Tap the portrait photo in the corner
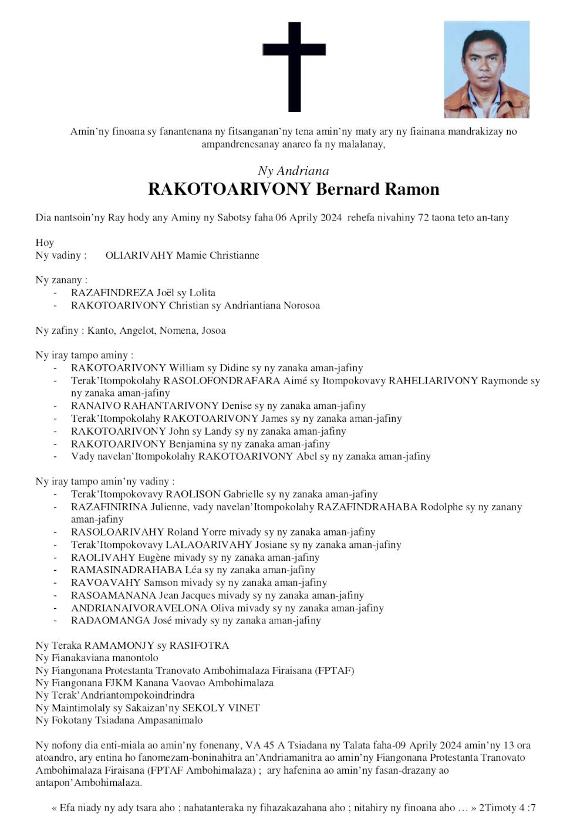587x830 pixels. (486, 69)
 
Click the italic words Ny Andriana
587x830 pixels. (293, 171)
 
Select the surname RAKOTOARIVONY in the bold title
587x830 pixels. (230, 189)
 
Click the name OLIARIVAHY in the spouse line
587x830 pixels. (139, 255)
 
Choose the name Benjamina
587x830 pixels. (193, 444)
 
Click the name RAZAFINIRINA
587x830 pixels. (109, 507)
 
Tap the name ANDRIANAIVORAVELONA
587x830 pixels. (139, 608)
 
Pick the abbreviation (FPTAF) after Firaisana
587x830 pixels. (335, 670)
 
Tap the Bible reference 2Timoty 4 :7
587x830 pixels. (507, 808)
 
